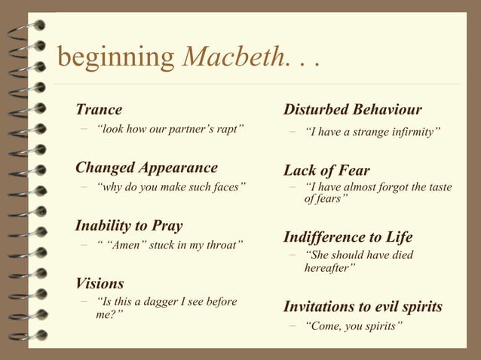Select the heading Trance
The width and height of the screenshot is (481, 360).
pos(98,111)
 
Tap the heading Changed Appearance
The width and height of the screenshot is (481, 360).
pos(146,167)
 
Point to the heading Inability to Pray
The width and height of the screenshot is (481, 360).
pos(128,225)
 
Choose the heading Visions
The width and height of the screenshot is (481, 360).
pos(100,283)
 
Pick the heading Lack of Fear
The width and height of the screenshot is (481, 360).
pos(326,170)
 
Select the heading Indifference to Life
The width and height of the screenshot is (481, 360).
pos(348,237)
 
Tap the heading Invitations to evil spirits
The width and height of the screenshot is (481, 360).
pos(363,307)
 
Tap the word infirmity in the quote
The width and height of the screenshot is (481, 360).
pos(412,133)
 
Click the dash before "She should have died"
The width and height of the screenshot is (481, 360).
pos(291,255)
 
